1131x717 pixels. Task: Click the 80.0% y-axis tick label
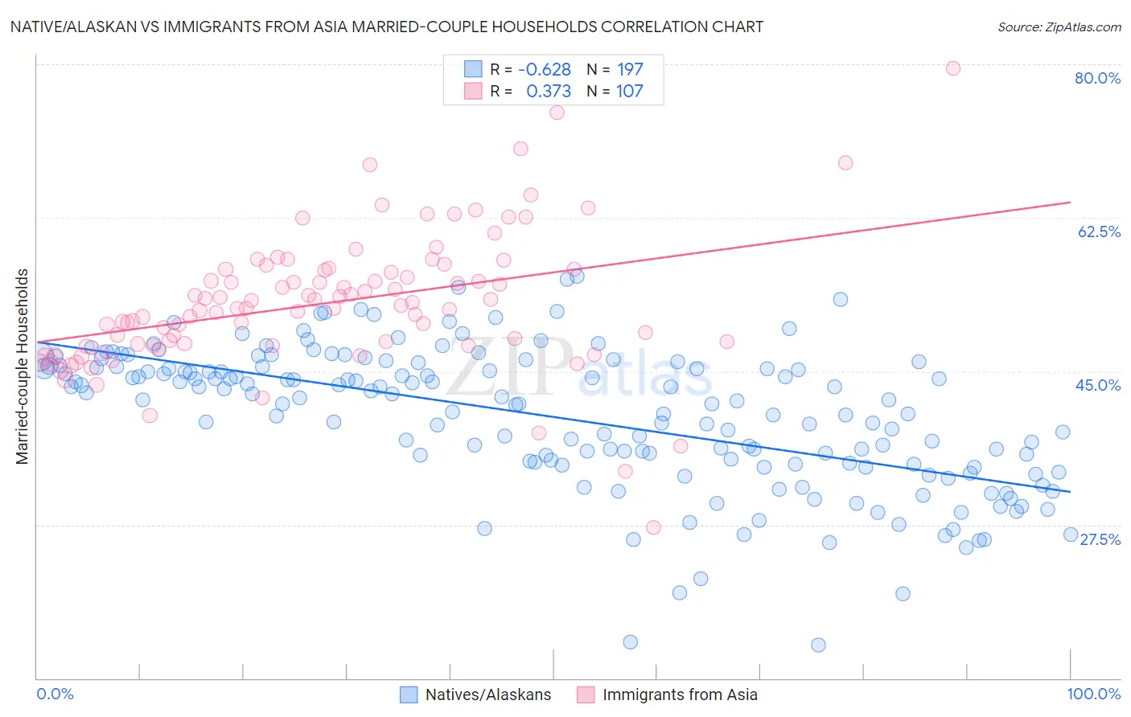tap(1097, 78)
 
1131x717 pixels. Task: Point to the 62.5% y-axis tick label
tap(1099, 231)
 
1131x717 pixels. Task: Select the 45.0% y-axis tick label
tap(1098, 385)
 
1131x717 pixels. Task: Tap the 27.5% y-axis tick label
tap(1100, 539)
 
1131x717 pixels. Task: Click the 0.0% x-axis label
tap(55, 694)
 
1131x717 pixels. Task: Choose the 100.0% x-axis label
tap(1093, 694)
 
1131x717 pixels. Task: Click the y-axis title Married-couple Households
tap(23, 367)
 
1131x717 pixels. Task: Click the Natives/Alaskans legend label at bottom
tap(488, 694)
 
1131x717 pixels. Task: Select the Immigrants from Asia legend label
tap(680, 694)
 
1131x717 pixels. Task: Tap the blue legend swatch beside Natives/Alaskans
tap(409, 694)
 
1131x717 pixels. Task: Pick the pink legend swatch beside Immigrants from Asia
tap(586, 694)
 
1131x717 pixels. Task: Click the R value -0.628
tap(544, 69)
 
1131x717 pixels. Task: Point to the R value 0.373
tap(549, 91)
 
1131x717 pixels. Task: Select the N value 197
tap(630, 69)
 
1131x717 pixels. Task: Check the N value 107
tap(630, 91)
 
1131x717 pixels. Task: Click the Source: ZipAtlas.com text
tap(1059, 27)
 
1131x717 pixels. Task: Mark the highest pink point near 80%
tap(952, 68)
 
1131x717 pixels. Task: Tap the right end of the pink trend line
tap(1070, 202)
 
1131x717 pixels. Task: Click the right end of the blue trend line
tap(1070, 491)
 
